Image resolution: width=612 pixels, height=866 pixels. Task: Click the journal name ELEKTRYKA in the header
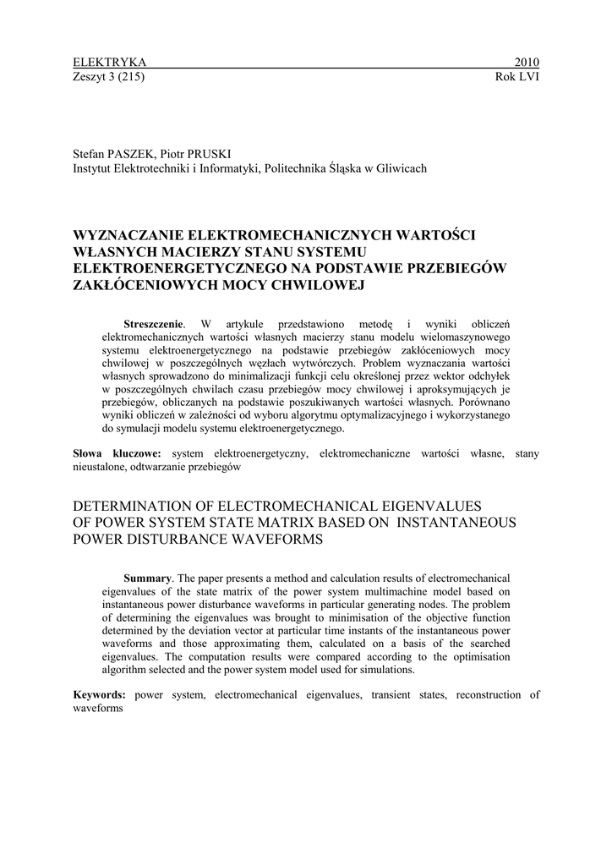click(x=110, y=63)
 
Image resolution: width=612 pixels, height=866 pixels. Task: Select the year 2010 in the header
click(x=527, y=63)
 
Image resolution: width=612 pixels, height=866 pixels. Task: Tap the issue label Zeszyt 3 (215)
click(x=109, y=77)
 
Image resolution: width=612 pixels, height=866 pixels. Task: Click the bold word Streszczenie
click(x=153, y=324)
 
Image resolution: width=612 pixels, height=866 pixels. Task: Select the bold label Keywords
click(x=100, y=694)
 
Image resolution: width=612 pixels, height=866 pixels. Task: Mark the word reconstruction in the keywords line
click(x=487, y=694)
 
